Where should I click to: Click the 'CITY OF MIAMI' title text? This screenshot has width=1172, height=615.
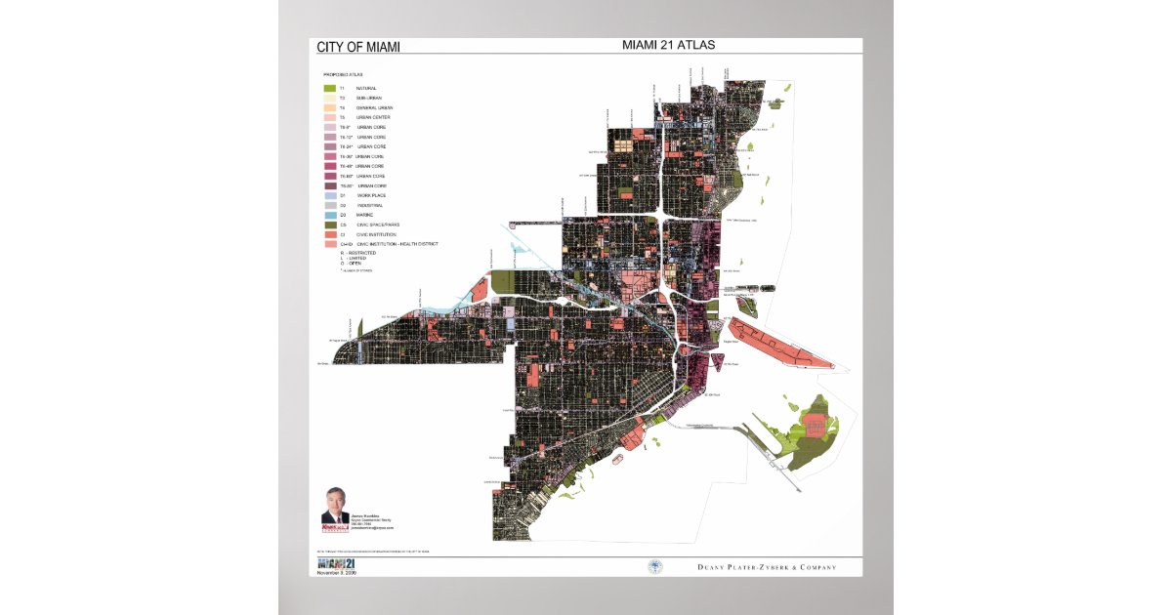[358, 47]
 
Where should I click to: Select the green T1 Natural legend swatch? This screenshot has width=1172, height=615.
[330, 88]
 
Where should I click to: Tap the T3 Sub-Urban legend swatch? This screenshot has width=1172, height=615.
[330, 98]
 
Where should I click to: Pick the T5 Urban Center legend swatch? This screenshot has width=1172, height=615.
[330, 117]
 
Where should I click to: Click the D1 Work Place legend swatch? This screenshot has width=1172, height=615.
[330, 195]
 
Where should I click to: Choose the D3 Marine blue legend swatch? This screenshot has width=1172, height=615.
[330, 215]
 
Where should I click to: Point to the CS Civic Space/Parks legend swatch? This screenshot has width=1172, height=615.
[330, 225]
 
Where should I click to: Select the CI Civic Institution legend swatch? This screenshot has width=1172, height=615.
[330, 234]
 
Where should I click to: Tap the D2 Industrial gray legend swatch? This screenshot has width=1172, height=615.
[330, 205]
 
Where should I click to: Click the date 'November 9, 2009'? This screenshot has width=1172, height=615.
[337, 573]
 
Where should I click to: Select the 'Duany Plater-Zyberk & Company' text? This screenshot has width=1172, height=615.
[767, 567]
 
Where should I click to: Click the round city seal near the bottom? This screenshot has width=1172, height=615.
[654, 566]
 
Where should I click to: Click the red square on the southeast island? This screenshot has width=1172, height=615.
[819, 423]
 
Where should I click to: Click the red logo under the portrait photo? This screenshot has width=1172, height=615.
[335, 527]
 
